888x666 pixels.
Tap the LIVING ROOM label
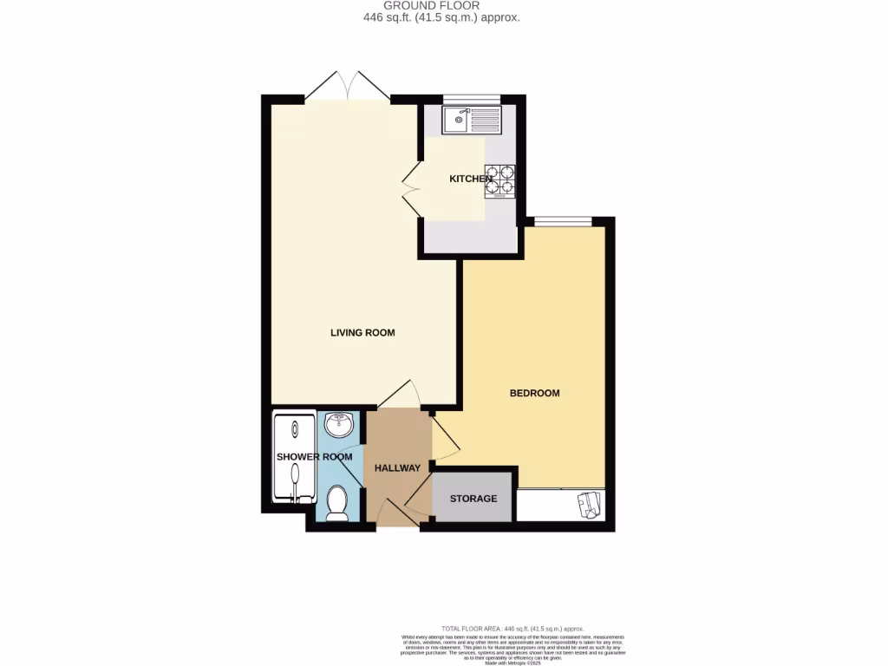[x=362, y=333]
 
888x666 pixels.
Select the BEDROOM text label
[x=534, y=394]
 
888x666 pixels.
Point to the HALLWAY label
[x=397, y=468]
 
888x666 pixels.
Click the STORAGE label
[x=473, y=499]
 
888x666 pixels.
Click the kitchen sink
[x=471, y=121]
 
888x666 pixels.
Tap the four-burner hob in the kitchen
[x=499, y=183]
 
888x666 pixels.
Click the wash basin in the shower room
[x=338, y=425]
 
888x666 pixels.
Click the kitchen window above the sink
[x=472, y=99]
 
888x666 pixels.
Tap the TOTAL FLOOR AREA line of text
[x=513, y=629]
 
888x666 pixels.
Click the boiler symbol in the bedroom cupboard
[x=590, y=505]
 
